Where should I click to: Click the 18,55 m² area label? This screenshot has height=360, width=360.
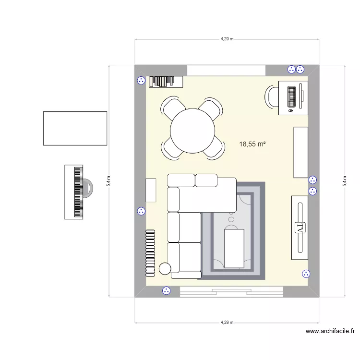pos(252,144)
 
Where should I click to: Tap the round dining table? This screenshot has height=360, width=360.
pos(193,131)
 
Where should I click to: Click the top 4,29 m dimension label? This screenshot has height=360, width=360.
pos(227,39)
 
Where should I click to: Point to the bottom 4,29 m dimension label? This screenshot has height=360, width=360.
pos(227,323)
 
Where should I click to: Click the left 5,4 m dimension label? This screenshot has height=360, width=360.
pos(109,181)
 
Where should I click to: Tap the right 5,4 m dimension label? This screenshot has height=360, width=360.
pos(344,181)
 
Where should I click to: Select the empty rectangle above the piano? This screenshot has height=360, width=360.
pos(75,128)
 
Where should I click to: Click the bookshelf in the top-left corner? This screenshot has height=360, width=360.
pos(166,82)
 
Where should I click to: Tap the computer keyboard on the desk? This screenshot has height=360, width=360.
pos(291,96)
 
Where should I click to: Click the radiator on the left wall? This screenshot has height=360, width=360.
pos(150,252)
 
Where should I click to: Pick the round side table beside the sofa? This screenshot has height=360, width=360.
pos(165,269)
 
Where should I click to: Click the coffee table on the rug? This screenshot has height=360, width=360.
pos(234,248)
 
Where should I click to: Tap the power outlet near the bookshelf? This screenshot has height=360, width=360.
pos(141,81)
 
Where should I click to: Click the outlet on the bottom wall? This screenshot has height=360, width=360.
pos(167,290)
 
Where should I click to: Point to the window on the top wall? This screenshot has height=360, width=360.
pos(226,70)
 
